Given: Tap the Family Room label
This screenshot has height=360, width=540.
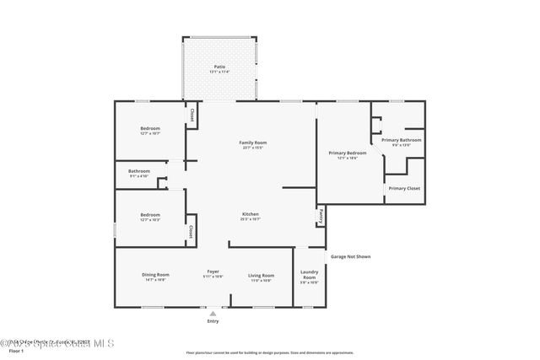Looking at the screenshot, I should (x=253, y=143).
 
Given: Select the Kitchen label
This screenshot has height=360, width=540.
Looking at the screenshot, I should (x=251, y=214).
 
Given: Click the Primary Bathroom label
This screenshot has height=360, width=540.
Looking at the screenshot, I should (x=401, y=140).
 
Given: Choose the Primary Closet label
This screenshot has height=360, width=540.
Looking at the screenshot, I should (x=404, y=188).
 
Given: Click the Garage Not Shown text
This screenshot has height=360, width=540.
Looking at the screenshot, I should (x=349, y=256).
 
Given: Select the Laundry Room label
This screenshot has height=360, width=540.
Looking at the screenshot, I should (x=309, y=275).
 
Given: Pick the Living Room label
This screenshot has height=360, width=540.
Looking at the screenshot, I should (x=261, y=276).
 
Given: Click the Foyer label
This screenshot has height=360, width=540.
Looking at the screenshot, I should (x=213, y=271).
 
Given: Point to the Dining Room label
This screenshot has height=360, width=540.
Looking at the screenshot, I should (x=155, y=275).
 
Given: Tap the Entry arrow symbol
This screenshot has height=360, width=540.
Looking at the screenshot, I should (x=213, y=314).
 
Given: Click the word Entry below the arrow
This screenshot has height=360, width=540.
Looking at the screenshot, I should (x=213, y=321).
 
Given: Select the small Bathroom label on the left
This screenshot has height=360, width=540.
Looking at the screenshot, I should (x=139, y=171).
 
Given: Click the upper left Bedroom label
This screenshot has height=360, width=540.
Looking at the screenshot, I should (x=150, y=128).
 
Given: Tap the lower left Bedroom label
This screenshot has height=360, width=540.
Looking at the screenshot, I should (x=150, y=215).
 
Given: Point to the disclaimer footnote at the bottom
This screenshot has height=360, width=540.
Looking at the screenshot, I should (x=269, y=352).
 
